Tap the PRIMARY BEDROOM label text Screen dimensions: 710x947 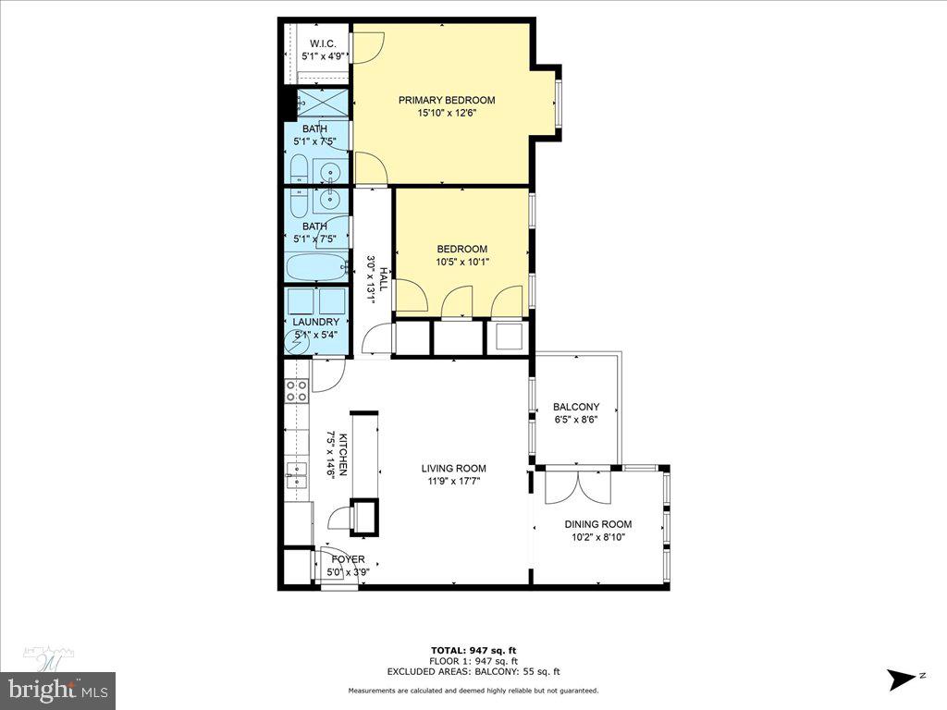click(446, 101)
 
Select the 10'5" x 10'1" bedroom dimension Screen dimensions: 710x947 click(461, 262)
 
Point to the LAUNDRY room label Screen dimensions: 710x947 click(315, 322)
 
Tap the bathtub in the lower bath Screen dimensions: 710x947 click(315, 268)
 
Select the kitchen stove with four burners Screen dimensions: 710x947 click(297, 391)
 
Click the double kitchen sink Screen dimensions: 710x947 click(297, 476)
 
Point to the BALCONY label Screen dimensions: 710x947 click(575, 407)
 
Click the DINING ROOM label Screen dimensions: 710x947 click(597, 524)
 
